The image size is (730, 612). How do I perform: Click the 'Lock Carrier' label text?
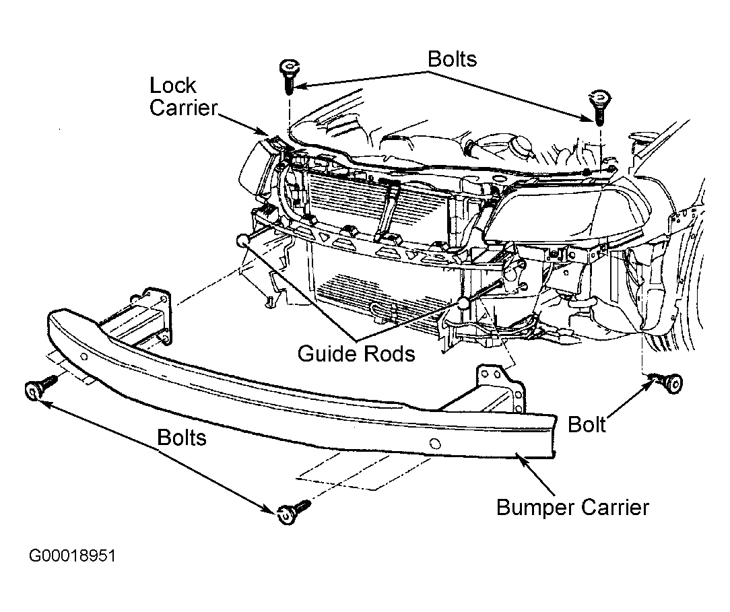pos(173,96)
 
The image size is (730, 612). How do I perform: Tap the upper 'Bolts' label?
pos(452,59)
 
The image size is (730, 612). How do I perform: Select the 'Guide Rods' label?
pos(357,353)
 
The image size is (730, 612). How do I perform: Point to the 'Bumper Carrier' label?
pos(572,506)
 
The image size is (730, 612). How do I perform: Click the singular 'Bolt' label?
pos(587,424)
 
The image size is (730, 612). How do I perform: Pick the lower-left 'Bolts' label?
pos(182,438)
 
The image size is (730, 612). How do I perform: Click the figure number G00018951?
pos(73,557)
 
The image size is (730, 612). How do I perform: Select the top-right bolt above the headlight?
pos(597,104)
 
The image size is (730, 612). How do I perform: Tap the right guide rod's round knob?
pos(464,302)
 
